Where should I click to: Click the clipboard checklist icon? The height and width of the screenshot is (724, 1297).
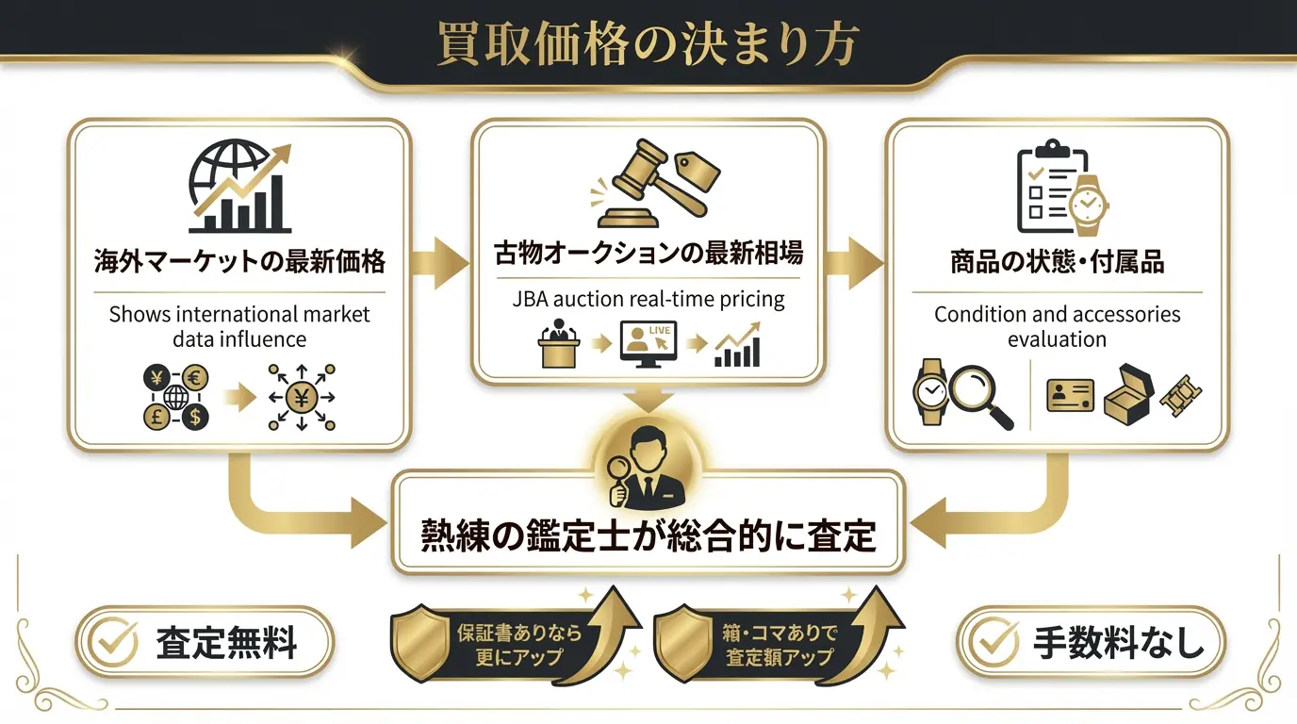[1043, 189]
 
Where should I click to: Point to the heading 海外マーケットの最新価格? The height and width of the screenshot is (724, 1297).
[240, 261]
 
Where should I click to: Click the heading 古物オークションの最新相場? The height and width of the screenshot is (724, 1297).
[648, 253]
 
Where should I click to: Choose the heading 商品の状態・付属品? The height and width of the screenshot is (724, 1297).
[1057, 261]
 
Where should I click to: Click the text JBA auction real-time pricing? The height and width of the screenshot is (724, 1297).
[648, 300]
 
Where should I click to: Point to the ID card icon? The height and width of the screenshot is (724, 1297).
[1070, 395]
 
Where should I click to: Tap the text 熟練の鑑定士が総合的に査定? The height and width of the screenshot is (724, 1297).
[648, 535]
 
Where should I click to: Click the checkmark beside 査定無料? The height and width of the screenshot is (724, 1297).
[112, 643]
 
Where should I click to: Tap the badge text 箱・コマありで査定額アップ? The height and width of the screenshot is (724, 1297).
[780, 645]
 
